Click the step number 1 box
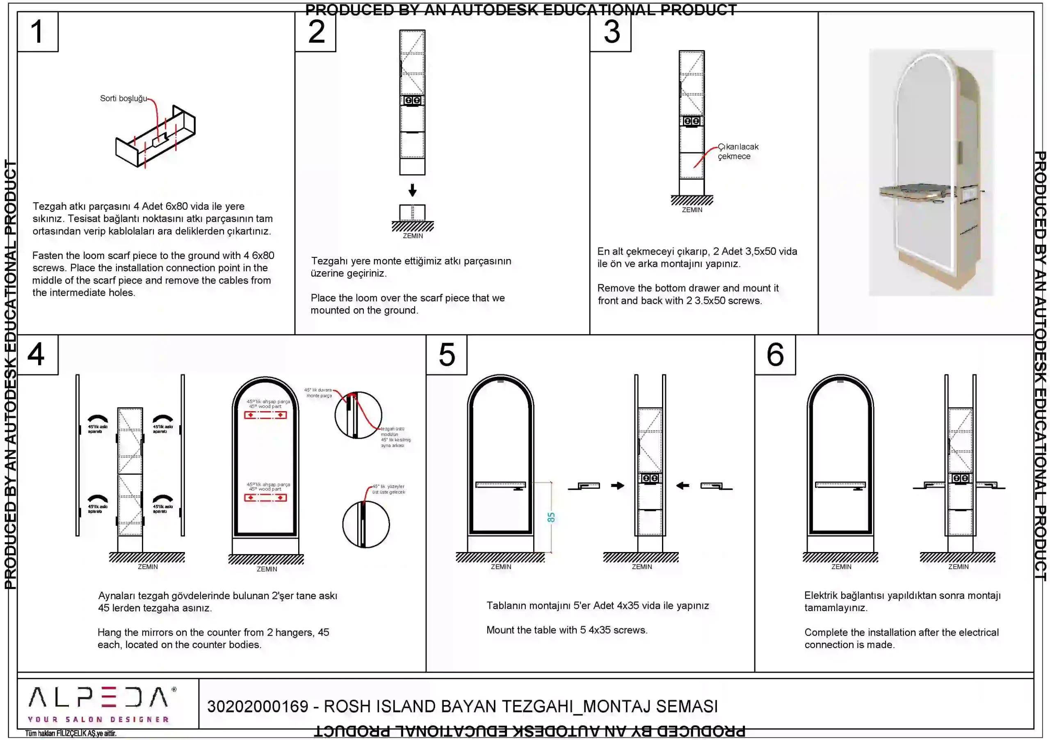click(x=37, y=32)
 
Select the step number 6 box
click(x=775, y=355)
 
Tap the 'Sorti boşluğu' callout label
click(x=123, y=99)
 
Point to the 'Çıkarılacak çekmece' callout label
click(x=737, y=151)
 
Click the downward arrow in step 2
click(x=413, y=190)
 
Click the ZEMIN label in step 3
click(x=692, y=210)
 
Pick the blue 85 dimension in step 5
click(x=551, y=518)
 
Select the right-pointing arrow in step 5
click(x=617, y=486)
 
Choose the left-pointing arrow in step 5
click(x=683, y=486)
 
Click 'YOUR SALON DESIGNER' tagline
click(x=98, y=719)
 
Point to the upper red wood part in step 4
click(x=265, y=415)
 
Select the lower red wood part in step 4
click(x=265, y=497)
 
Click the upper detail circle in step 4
click(x=358, y=415)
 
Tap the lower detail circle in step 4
click(x=366, y=524)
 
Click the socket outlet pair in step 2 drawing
click(x=413, y=100)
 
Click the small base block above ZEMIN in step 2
click(x=413, y=213)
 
